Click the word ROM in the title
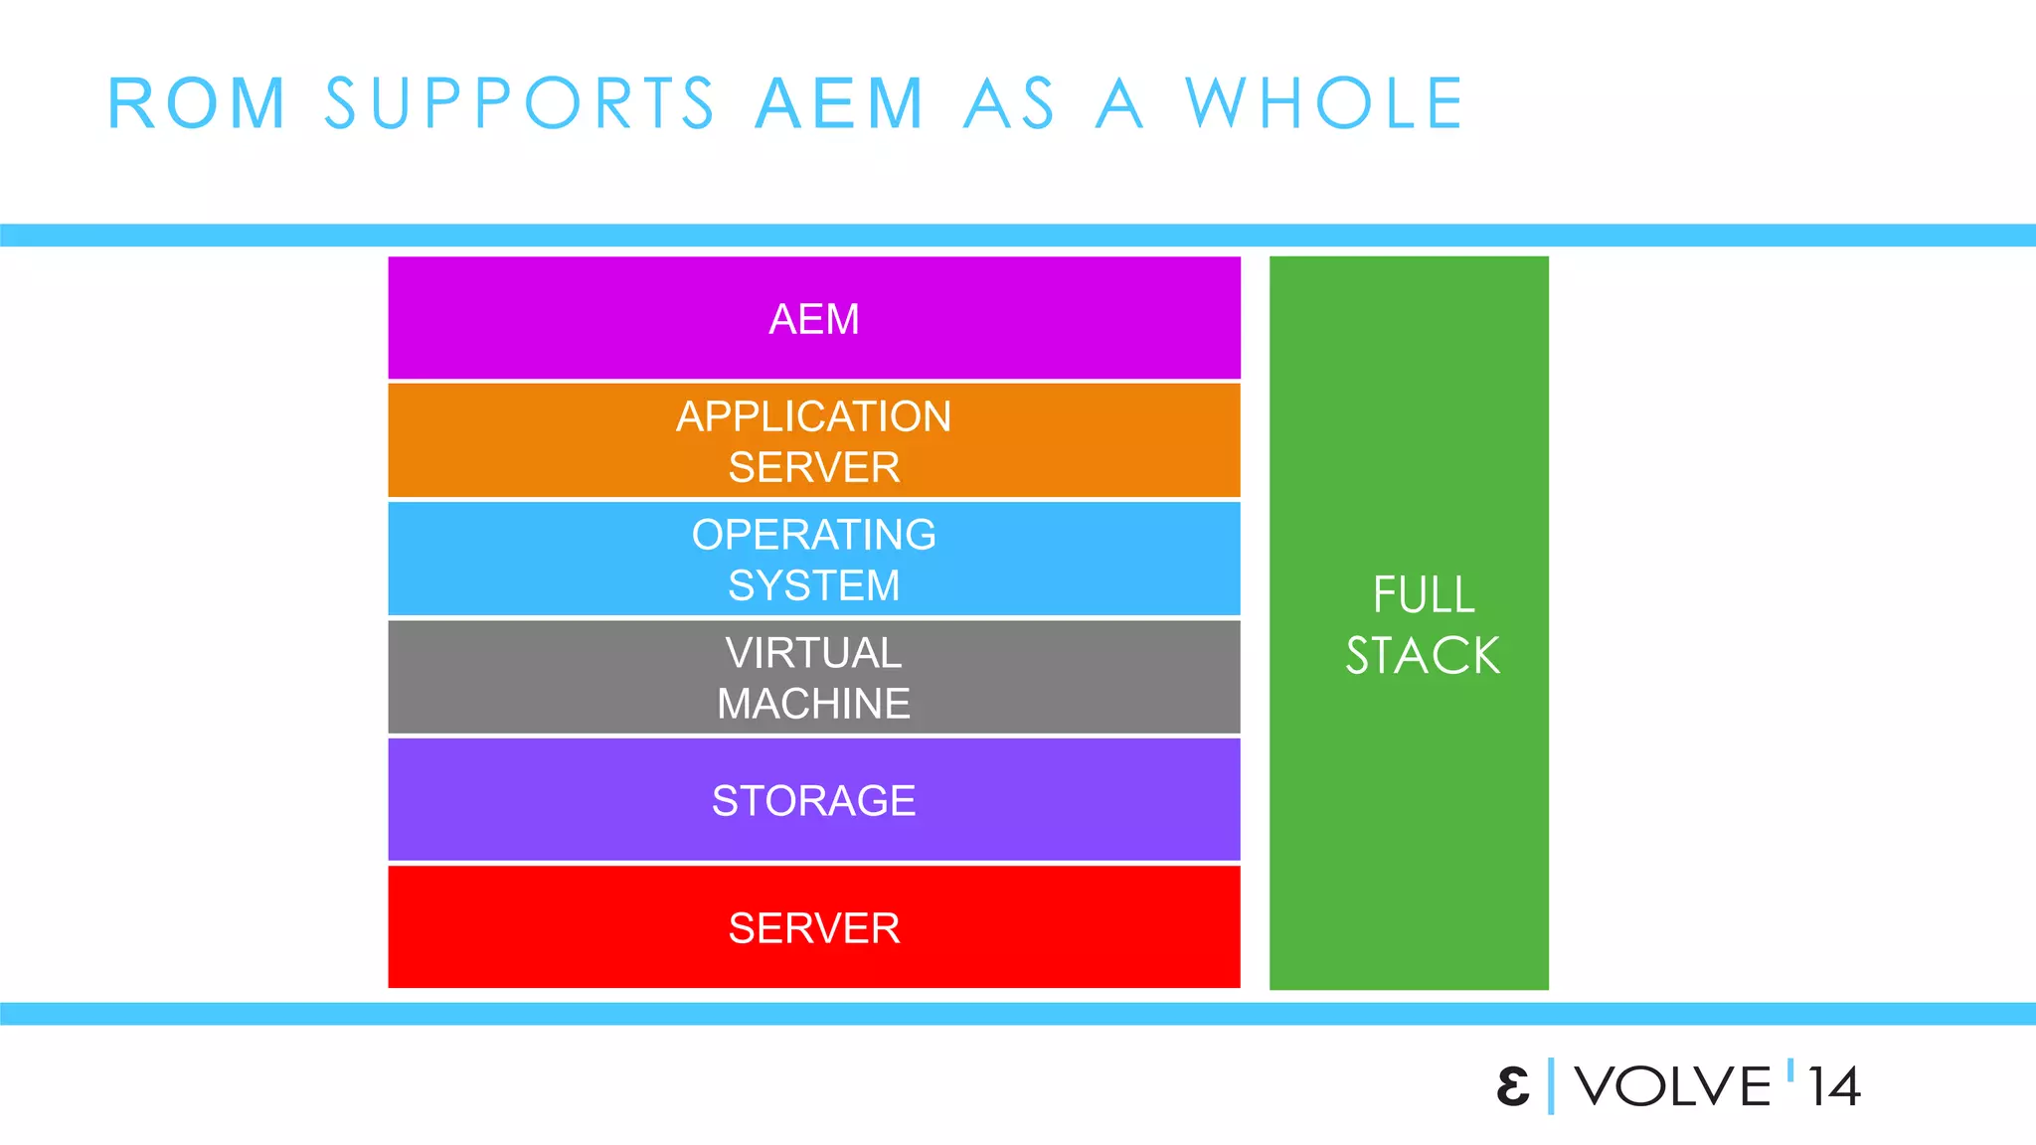tap(197, 103)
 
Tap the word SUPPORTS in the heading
tap(519, 103)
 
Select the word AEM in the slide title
tap(840, 103)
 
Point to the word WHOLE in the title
tap(1324, 103)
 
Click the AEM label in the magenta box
tap(814, 319)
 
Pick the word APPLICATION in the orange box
tap(814, 416)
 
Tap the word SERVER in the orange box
tap(814, 467)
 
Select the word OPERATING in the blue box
tap(814, 535)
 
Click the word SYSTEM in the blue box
tap(814, 585)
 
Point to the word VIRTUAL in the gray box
tap(814, 653)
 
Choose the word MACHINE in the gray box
tap(814, 704)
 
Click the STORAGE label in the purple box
tap(814, 801)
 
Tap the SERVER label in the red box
tap(814, 928)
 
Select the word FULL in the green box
tap(1424, 595)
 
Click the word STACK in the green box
tap(1423, 656)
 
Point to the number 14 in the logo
tap(1834, 1087)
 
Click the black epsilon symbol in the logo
tap(1513, 1086)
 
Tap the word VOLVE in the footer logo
tap(1673, 1086)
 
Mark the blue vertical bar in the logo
tap(1551, 1086)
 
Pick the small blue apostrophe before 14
tap(1790, 1070)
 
